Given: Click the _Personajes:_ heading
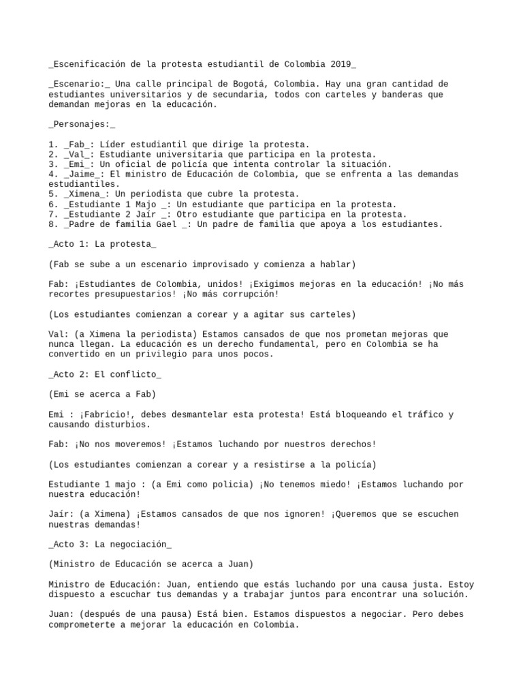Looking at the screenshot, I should click(x=82, y=124).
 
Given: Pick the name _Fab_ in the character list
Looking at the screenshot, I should click(x=77, y=145).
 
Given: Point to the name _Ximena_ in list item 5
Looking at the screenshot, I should click(x=85, y=194).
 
